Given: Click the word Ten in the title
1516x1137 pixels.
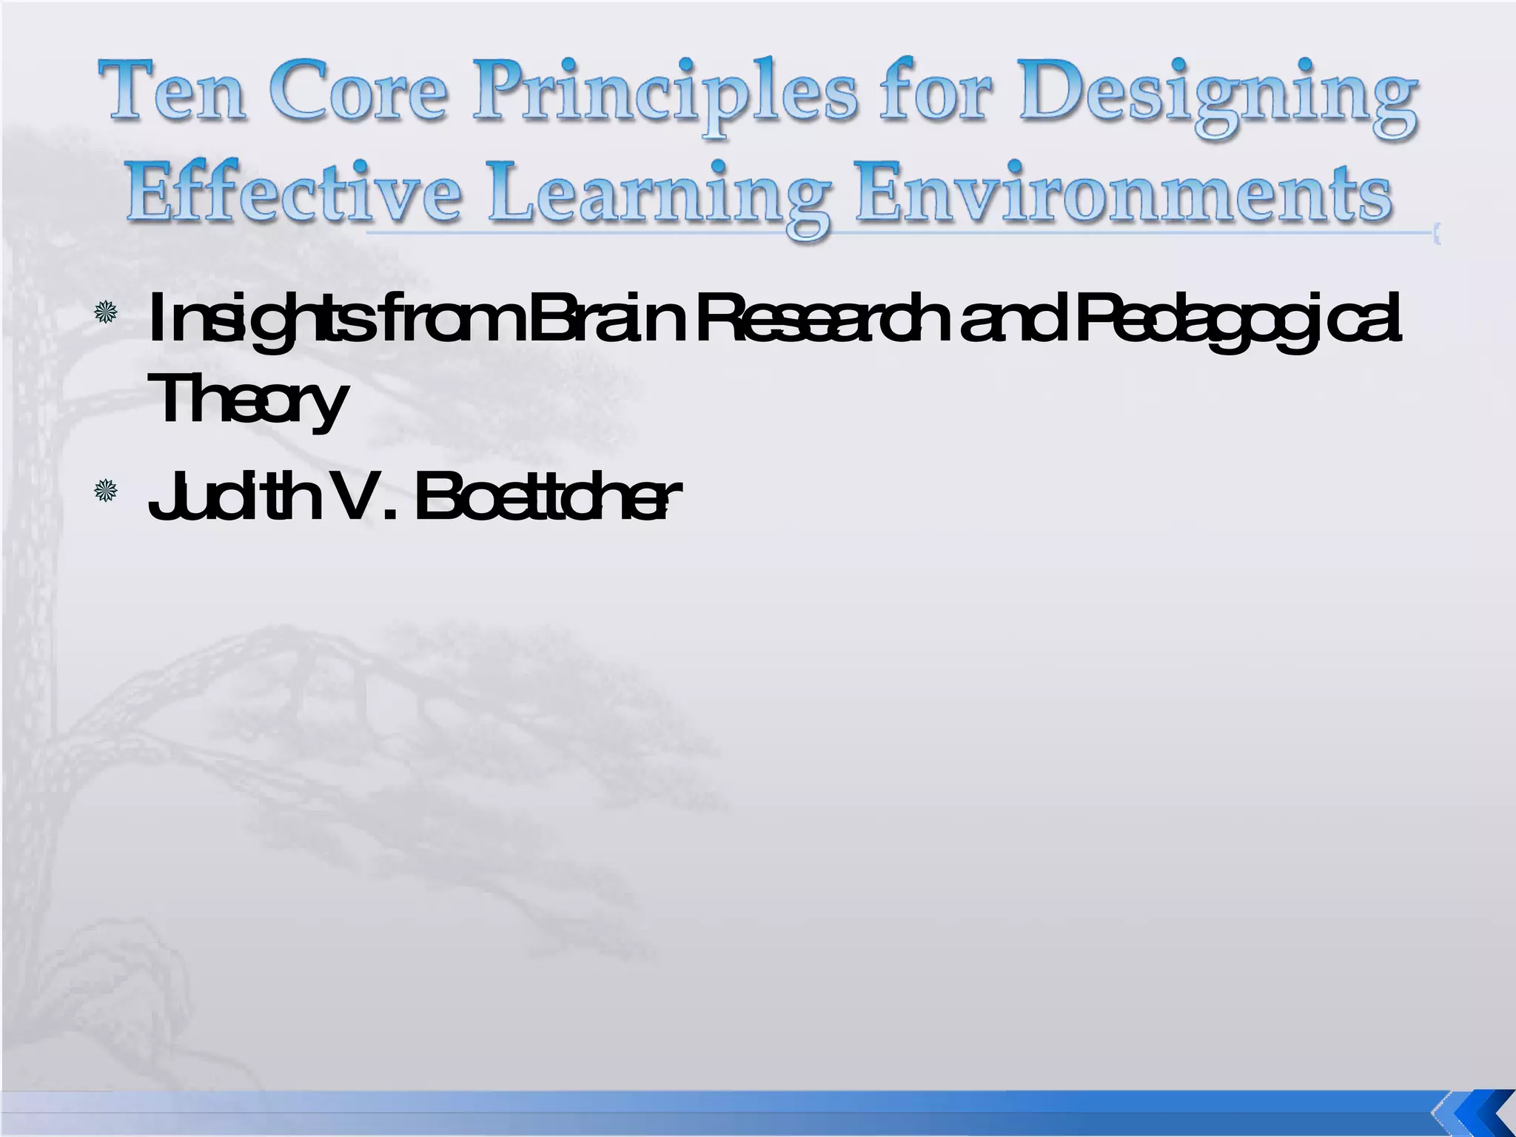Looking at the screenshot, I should coord(176,94).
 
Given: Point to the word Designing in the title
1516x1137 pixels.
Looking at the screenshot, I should coord(1217,100).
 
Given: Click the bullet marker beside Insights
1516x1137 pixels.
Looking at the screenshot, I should coord(106,312).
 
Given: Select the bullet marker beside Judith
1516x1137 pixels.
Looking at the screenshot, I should coord(106,491).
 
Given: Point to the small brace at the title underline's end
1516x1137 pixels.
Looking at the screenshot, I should coord(1436,235).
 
